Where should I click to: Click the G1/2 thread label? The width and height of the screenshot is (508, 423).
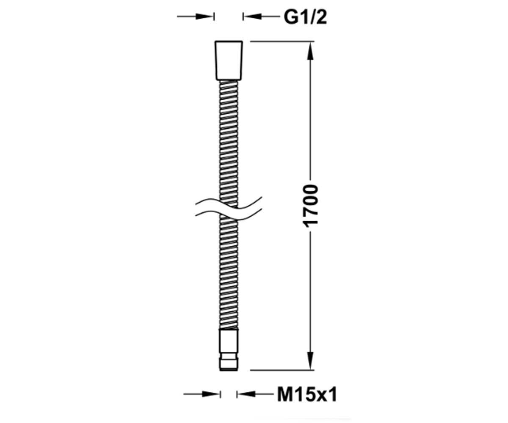tap(305, 17)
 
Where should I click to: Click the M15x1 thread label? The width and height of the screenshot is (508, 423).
tap(307, 401)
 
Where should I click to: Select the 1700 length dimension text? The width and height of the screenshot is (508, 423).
tap(311, 206)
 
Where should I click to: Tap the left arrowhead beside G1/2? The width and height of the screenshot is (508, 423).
tap(205, 16)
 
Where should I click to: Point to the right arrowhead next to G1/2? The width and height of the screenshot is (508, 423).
tap(252, 16)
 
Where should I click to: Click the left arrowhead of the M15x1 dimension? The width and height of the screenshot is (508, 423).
tap(211, 401)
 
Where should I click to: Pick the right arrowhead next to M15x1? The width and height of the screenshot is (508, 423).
tap(246, 401)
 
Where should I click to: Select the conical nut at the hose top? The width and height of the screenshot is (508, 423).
tap(229, 60)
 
